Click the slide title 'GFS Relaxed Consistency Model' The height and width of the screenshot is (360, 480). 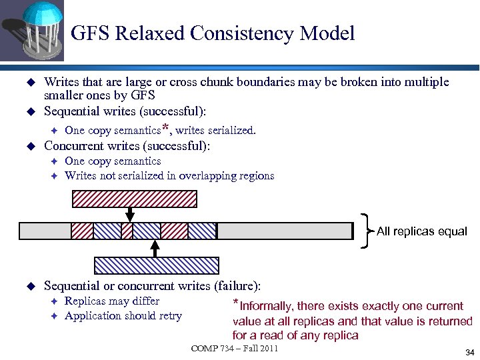click(212, 33)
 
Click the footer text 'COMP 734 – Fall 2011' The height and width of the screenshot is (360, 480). click(234, 349)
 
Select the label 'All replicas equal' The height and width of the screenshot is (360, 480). click(422, 231)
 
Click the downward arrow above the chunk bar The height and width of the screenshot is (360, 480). click(130, 213)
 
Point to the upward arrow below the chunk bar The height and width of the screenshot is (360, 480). click(155, 248)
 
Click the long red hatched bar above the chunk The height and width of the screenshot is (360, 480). click(134, 199)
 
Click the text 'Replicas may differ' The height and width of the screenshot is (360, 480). click(112, 301)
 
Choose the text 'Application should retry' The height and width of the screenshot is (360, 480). click(123, 315)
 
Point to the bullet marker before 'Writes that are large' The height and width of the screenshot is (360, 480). click(29, 82)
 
